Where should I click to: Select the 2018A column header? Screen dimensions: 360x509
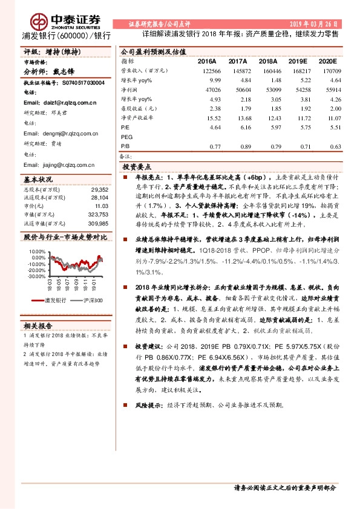(270, 61)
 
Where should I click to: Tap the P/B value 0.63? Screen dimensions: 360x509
(328, 146)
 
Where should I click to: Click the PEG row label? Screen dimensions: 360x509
(127, 137)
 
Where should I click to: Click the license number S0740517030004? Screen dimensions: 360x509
(79, 82)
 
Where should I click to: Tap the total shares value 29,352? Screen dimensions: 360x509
(98, 189)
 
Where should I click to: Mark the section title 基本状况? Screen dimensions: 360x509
(38, 180)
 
